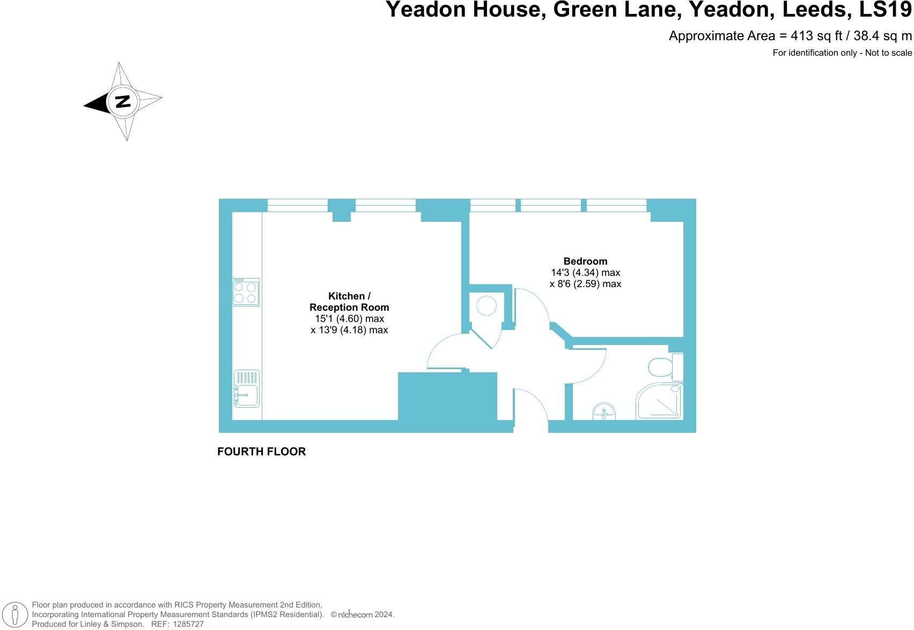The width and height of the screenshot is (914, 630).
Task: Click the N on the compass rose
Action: point(123,101)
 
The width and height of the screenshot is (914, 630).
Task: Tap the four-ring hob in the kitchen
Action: point(246,292)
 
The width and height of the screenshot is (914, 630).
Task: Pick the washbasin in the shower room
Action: point(605,412)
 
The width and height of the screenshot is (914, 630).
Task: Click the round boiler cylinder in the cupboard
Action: point(487,306)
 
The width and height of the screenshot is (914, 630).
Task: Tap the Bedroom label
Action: point(585,261)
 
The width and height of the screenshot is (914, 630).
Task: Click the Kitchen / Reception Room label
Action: point(349,302)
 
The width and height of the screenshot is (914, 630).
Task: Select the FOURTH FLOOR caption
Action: point(261,452)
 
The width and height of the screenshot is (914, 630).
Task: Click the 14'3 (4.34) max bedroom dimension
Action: point(585,273)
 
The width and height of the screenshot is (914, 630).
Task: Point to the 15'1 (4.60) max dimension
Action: point(349,319)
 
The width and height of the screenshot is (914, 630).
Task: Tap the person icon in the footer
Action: point(16,615)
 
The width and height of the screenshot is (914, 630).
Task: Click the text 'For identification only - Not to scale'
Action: point(842,52)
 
